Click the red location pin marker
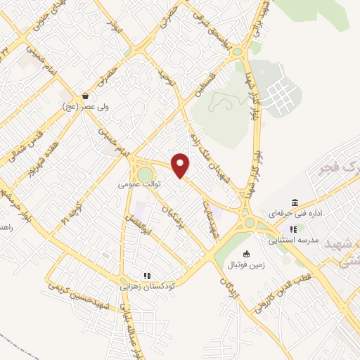(181, 166)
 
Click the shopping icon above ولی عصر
(85, 96)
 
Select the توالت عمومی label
(139, 184)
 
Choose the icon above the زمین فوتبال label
(245, 254)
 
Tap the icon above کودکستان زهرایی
(147, 276)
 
